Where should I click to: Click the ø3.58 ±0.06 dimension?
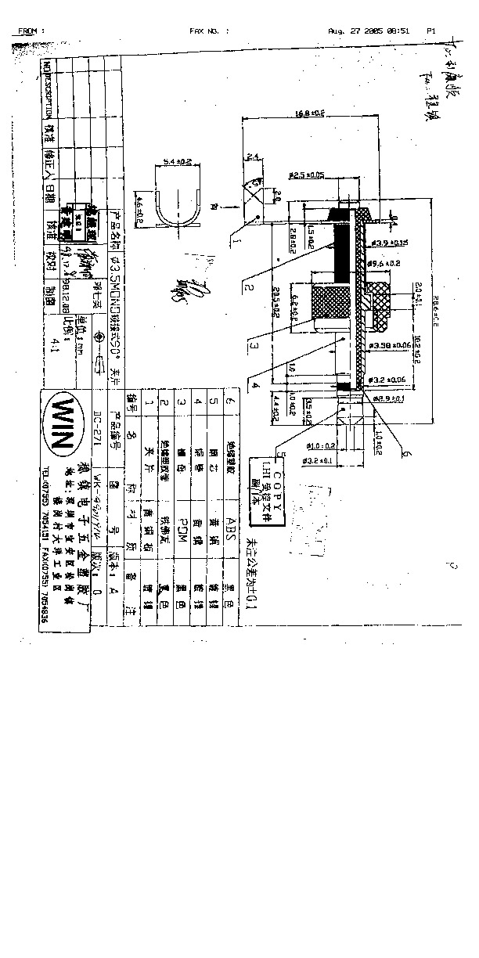click(x=388, y=344)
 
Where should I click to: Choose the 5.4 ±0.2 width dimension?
click(x=177, y=162)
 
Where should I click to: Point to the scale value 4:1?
click(x=53, y=342)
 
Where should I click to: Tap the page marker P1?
click(x=431, y=31)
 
